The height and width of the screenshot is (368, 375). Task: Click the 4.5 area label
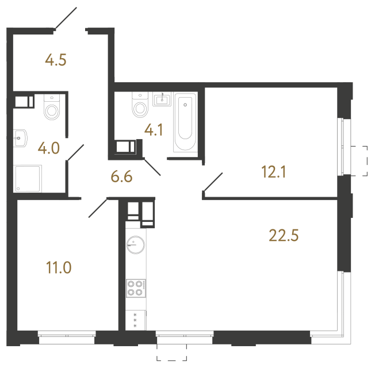56,60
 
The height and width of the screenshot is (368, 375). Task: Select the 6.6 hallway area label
121,177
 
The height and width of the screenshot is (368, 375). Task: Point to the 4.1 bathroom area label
154,131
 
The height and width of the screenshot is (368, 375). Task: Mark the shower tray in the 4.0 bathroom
28,178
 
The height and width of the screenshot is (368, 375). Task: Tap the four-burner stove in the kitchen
136,287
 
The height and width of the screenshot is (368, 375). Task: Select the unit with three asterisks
136,320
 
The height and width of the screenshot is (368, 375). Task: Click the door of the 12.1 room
212,183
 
